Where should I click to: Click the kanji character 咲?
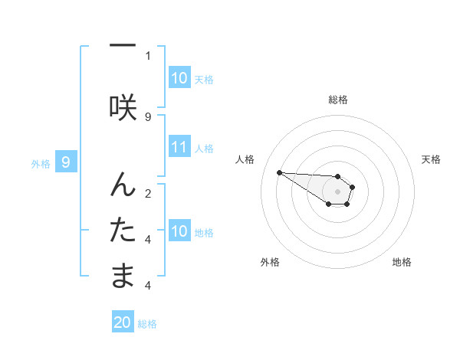(x=123, y=106)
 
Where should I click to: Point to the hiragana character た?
(x=123, y=229)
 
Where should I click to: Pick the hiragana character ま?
(x=123, y=275)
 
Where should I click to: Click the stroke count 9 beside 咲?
(x=148, y=116)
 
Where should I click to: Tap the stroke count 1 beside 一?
(x=148, y=55)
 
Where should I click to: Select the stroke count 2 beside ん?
(x=148, y=193)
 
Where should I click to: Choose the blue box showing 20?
(x=123, y=323)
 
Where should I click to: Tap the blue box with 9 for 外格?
(x=66, y=162)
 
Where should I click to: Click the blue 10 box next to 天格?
(x=179, y=78)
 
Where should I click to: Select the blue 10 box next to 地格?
(x=179, y=231)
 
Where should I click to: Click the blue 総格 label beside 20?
(x=147, y=324)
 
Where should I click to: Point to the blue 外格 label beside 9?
(x=40, y=163)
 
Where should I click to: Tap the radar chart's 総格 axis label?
(x=337, y=100)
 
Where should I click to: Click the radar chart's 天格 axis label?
(x=431, y=159)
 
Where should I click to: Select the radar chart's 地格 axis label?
(x=402, y=262)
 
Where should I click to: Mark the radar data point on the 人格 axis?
(x=279, y=172)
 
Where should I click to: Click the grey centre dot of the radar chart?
(x=337, y=191)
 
